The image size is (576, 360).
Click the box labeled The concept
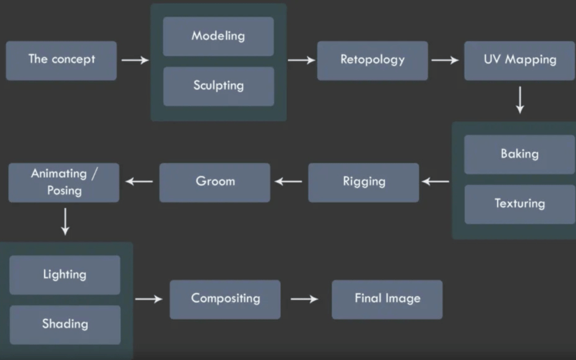62,60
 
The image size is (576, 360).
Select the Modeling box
218,36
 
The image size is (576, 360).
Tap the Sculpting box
218,86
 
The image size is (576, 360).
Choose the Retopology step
372,60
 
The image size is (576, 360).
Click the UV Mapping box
520,60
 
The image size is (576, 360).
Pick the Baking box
520,154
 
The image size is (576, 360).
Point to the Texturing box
520,204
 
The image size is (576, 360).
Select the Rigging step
363,182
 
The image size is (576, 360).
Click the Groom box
215,182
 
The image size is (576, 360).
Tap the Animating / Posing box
64,182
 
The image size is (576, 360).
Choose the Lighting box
65,275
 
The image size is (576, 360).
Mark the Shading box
65,324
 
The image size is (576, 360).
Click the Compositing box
225,299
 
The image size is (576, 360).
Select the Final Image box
387,299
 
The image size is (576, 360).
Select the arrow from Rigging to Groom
289,182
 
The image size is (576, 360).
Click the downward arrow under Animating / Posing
65,221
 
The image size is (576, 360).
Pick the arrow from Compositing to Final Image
305,299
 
